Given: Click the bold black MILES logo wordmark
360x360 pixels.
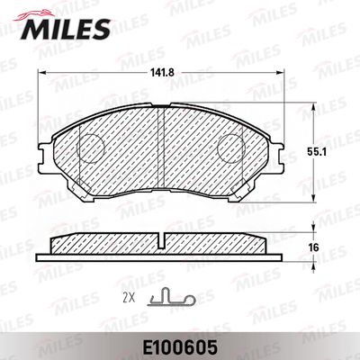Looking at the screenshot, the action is click(x=66, y=29).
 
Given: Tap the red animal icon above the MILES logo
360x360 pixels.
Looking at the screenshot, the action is click(x=34, y=15).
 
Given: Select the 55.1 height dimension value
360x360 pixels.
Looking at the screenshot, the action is click(x=316, y=152).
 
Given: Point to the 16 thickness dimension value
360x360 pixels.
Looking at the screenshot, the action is click(x=313, y=247).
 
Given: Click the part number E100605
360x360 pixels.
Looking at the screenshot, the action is click(x=180, y=347).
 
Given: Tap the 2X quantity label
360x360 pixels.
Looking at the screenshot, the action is click(x=129, y=298).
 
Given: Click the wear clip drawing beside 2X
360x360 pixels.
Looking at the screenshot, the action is click(x=171, y=297).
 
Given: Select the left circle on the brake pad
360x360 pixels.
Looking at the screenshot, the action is click(x=90, y=148).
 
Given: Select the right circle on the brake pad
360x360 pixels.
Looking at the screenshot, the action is click(x=231, y=148).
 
